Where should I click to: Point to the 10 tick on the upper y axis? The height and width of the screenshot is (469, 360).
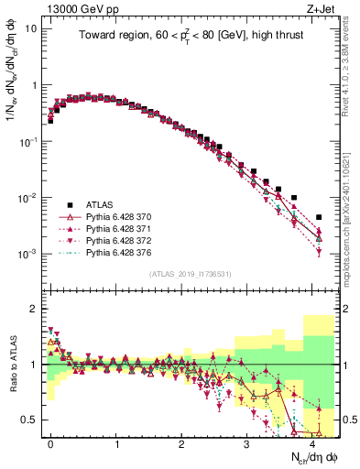click(31, 28)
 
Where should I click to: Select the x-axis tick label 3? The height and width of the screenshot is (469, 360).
click(247, 442)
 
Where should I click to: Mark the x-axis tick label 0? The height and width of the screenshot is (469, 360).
click(50, 442)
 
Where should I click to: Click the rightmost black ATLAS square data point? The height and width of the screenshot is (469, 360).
click(319, 217)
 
